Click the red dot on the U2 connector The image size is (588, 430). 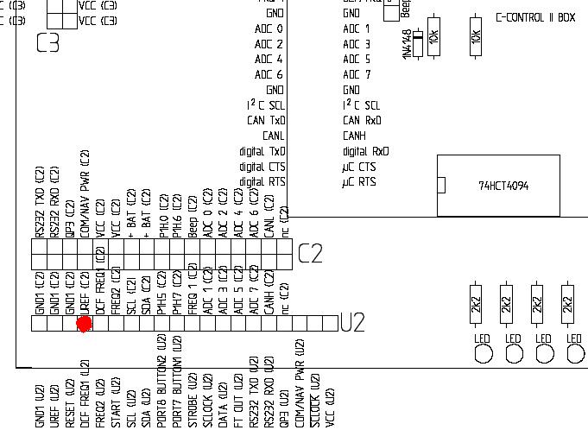click(x=84, y=324)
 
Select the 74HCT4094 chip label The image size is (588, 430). click(x=504, y=186)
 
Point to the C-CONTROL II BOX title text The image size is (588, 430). click(x=534, y=17)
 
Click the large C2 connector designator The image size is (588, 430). click(x=310, y=254)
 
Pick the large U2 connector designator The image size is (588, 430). click(x=352, y=323)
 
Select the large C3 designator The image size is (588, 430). click(x=48, y=41)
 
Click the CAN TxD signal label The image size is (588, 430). click(x=265, y=121)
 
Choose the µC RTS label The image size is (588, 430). click(x=359, y=182)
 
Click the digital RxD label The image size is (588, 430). click(x=366, y=151)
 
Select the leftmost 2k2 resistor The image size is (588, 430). click(x=476, y=304)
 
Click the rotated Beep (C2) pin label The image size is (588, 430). click(x=192, y=215)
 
